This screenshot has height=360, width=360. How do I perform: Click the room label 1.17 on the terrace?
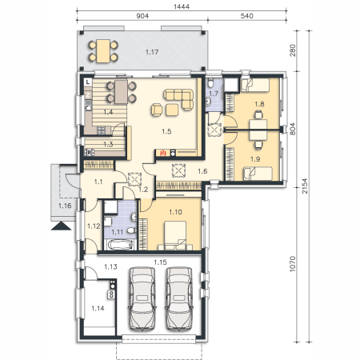(x=152, y=52)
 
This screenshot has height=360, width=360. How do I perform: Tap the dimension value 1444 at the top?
(x=182, y=6)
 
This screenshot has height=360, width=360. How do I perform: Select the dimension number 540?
(x=247, y=16)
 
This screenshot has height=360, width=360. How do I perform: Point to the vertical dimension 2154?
(x=305, y=186)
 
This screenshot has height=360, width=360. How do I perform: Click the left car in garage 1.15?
(x=142, y=298)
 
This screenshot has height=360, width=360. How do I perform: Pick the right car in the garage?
(x=179, y=298)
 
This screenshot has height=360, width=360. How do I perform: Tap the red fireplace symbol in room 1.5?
(x=162, y=153)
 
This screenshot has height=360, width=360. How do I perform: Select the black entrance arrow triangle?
(x=61, y=226)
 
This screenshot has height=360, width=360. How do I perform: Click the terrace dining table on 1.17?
(x=103, y=51)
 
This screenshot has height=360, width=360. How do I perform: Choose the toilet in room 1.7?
(x=211, y=82)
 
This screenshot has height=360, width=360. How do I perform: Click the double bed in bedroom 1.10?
(x=175, y=236)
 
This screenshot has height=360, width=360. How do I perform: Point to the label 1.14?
(x=98, y=309)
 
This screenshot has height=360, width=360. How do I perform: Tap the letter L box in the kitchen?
(x=88, y=82)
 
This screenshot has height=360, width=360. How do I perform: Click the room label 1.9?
(x=255, y=159)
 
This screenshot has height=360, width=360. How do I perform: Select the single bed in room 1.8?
(x=254, y=85)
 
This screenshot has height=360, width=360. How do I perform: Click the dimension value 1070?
(x=293, y=264)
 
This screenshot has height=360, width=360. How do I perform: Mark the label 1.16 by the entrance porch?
(x=65, y=206)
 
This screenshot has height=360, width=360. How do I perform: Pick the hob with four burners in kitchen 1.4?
(x=101, y=130)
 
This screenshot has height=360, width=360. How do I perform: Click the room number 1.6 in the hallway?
(x=202, y=171)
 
